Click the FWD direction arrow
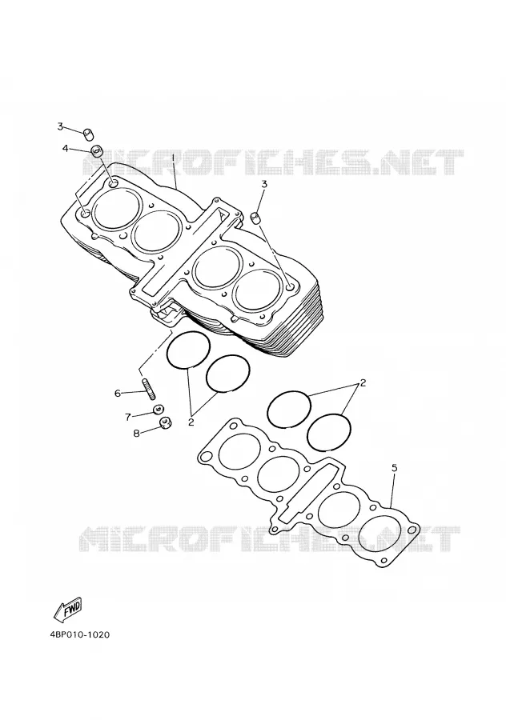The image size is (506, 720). pos(67,610)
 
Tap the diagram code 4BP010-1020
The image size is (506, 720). pos(80,635)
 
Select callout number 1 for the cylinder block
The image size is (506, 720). pos(173,159)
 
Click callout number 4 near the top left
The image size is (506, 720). pos(66,148)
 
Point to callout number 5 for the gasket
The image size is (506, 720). pos(395,468)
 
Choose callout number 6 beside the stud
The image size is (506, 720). pos(118,393)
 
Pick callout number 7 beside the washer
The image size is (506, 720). pos(128,417)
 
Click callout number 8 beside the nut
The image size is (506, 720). pos(136,433)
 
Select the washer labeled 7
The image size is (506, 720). pos(159,409)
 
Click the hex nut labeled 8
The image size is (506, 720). pos(166,422)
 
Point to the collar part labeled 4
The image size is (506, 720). pos(97,151)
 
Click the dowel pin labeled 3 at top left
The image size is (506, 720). pos(88,135)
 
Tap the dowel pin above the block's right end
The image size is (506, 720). pos(256,218)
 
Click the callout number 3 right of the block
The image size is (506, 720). pos(264,184)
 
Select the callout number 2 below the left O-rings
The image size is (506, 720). pos(191,422)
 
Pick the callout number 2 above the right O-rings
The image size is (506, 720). pos(363,382)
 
